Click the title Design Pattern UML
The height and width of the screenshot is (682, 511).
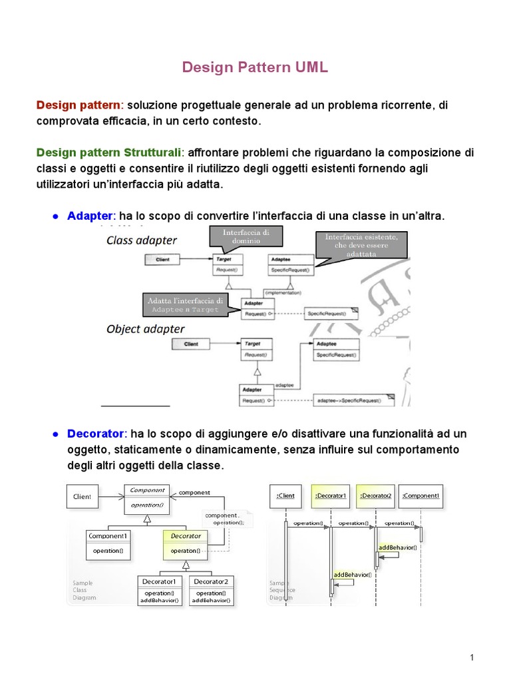tap(255, 67)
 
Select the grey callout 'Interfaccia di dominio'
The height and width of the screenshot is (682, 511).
tap(246, 237)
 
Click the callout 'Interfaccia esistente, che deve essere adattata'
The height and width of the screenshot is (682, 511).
tap(361, 246)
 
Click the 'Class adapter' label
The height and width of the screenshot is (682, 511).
tap(142, 240)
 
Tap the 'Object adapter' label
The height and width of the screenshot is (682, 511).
tap(145, 329)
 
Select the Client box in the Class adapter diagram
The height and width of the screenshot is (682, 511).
tap(163, 259)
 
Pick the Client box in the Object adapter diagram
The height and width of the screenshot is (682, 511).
tap(191, 344)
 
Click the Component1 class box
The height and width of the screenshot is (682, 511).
tap(108, 543)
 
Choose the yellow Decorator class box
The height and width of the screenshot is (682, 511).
tap(186, 543)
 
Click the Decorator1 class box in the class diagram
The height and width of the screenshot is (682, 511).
tap(158, 590)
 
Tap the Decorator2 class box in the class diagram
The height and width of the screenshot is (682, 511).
tap(210, 590)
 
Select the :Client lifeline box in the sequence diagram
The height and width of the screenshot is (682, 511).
tap(285, 496)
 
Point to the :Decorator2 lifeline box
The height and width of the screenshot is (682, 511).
tap(376, 496)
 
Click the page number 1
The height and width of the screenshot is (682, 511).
tap(472, 658)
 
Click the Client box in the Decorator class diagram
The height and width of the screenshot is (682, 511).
tap(83, 496)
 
